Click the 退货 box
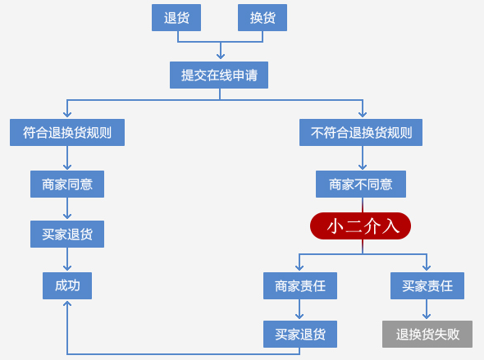(x=176, y=17)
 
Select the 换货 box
(x=263, y=17)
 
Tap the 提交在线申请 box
(x=219, y=75)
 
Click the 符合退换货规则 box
(x=67, y=132)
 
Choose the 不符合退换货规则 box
(x=361, y=132)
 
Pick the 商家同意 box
(x=67, y=185)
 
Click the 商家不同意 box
(x=361, y=185)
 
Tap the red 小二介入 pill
(x=360, y=226)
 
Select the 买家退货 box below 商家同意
(x=67, y=235)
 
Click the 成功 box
(x=67, y=285)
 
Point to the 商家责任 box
(x=300, y=285)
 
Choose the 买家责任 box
(x=427, y=285)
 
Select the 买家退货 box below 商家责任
(x=300, y=334)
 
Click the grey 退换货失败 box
(x=427, y=334)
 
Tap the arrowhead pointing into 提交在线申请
(x=221, y=56)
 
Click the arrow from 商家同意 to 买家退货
(x=67, y=208)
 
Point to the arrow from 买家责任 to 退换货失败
(x=427, y=309)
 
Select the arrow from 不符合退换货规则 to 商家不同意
(x=363, y=157)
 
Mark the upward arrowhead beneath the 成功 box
(x=67, y=303)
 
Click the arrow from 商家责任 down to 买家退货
(x=299, y=309)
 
